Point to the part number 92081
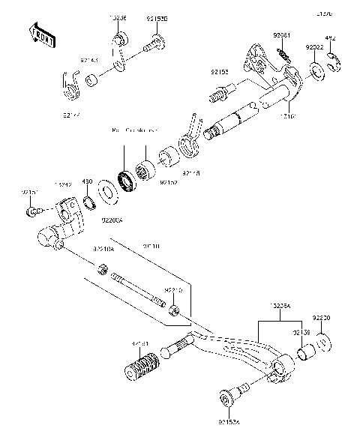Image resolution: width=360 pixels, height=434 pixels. tap(281, 34)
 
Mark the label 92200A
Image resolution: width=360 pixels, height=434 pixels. tap(112, 222)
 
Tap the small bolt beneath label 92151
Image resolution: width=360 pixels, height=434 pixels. tap(32, 213)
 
